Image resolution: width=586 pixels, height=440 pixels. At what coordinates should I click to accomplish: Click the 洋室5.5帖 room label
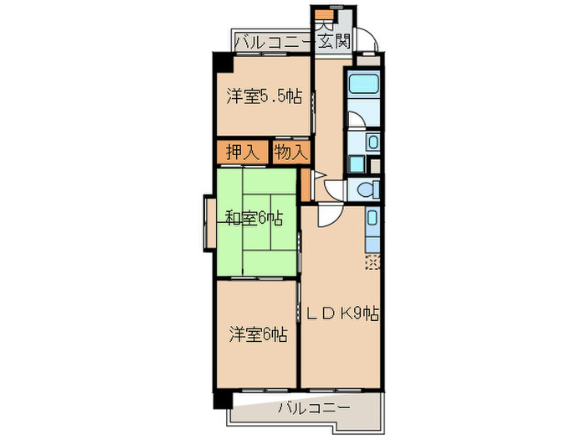[x=264, y=97]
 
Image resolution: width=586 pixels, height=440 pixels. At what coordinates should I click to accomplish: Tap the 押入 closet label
[x=243, y=153]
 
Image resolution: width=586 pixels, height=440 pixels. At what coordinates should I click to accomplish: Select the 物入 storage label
[x=291, y=153]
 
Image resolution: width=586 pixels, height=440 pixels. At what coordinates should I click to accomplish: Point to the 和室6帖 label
[x=254, y=219]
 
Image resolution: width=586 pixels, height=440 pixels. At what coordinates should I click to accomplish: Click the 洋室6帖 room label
[x=258, y=334]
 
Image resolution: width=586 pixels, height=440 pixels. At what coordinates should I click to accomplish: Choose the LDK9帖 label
[x=343, y=313]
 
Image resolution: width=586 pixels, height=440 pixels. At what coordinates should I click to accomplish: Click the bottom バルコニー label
[x=314, y=407]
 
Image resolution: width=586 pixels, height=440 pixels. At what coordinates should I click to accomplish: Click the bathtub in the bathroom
[x=363, y=84]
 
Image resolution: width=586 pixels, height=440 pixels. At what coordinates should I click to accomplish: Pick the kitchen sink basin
[x=372, y=218]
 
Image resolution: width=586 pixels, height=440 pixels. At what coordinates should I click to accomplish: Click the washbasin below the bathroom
[x=373, y=142]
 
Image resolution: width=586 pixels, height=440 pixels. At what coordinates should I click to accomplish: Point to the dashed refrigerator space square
[x=373, y=261]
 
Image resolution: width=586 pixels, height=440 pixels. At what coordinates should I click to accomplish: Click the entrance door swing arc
[x=368, y=39]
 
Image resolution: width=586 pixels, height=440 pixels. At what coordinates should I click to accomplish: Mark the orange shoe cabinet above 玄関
[x=324, y=15]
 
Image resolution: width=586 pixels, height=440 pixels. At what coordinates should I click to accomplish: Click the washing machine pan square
[x=356, y=164]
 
